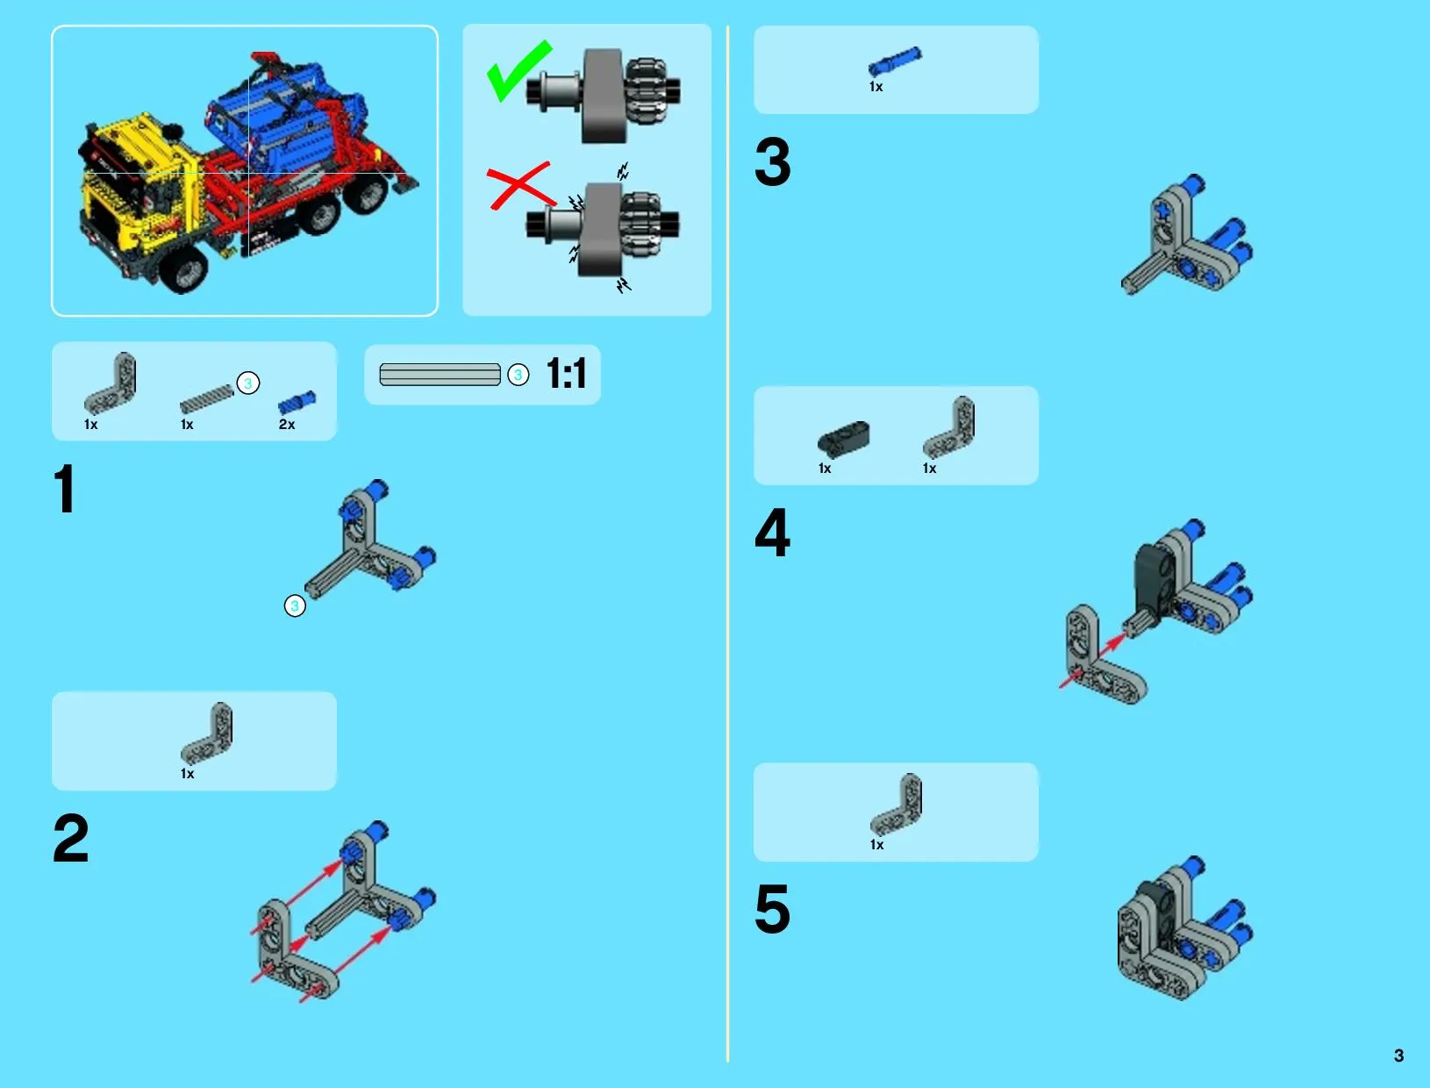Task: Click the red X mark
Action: (x=520, y=186)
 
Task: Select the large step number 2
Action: (x=70, y=838)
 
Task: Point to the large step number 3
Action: (x=773, y=161)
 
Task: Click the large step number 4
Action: (x=773, y=533)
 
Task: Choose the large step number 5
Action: (x=773, y=909)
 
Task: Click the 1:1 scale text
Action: (x=566, y=374)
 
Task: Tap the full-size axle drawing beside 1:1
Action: (x=440, y=375)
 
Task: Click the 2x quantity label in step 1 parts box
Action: (x=287, y=425)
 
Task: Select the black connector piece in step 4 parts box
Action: (x=844, y=438)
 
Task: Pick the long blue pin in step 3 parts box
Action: (x=895, y=61)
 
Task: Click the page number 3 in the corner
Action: (x=1398, y=1056)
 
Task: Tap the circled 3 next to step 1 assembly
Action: (x=295, y=606)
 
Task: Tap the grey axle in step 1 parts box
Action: (x=206, y=399)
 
